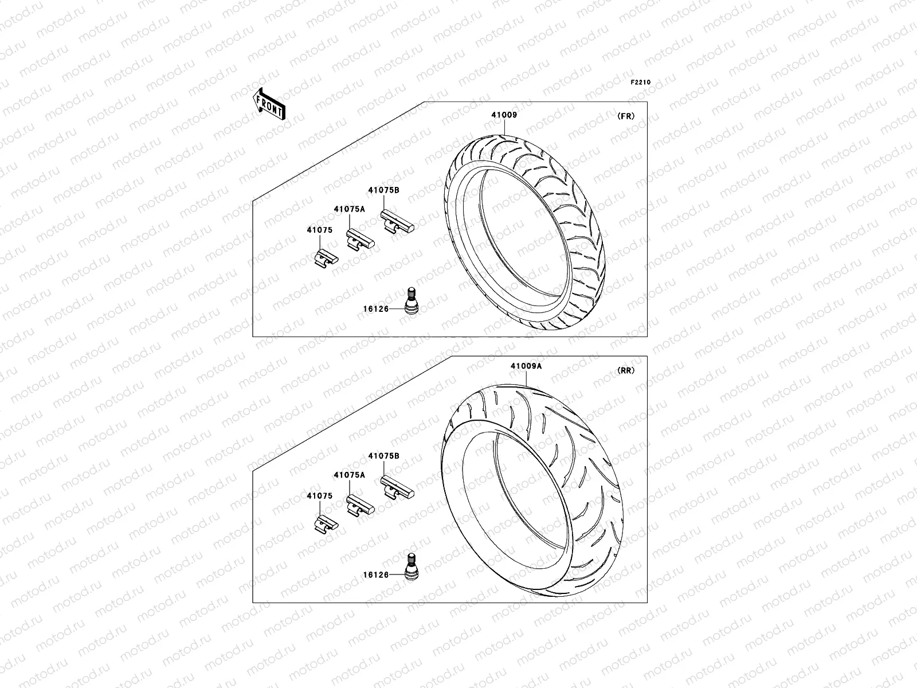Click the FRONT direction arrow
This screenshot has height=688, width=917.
(x=269, y=104)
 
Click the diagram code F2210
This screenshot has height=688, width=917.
(x=641, y=83)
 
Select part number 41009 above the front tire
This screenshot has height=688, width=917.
(x=504, y=115)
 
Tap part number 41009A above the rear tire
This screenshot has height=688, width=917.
(x=526, y=365)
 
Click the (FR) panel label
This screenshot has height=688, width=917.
(x=626, y=116)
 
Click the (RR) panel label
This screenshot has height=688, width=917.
(x=626, y=370)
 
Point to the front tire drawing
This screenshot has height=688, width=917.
(x=524, y=229)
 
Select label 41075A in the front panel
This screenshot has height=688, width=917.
(x=349, y=209)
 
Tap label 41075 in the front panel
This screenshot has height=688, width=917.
(x=319, y=230)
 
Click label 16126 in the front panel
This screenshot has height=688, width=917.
(x=375, y=309)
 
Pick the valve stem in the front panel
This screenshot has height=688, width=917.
(x=411, y=302)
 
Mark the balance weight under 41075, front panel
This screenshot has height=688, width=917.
(x=326, y=258)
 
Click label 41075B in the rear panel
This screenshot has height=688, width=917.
(x=383, y=456)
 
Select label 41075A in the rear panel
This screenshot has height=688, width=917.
(x=349, y=475)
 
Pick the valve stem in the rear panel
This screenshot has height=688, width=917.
(x=411, y=566)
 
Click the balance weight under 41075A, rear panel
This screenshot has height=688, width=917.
(x=360, y=506)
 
